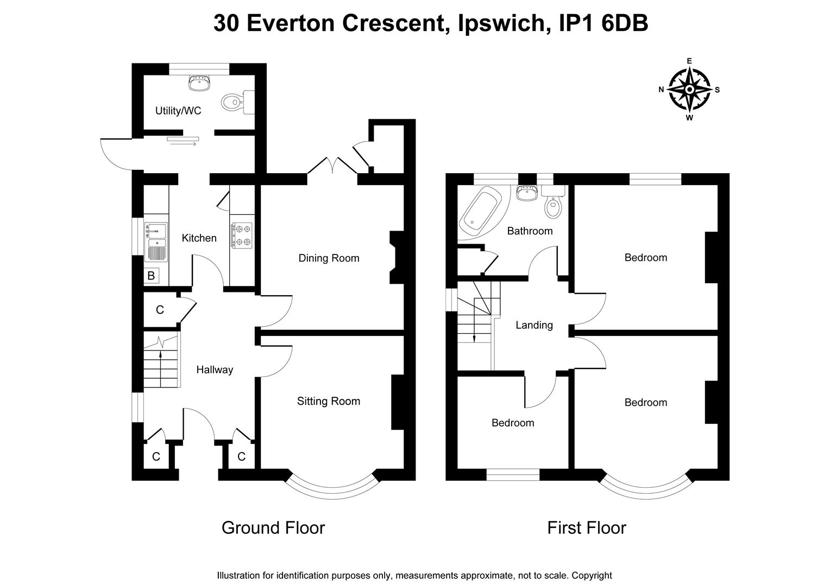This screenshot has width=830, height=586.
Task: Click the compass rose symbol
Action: (689, 90)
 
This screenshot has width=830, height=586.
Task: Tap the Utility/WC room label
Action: (178, 111)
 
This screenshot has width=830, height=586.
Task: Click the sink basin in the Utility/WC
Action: (199, 82)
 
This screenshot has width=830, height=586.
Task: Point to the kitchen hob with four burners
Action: (242, 235)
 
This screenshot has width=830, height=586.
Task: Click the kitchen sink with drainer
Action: (156, 241)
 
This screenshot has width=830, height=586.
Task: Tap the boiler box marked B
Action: (151, 276)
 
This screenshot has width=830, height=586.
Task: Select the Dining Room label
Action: (329, 258)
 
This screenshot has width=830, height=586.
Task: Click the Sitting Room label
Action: (328, 401)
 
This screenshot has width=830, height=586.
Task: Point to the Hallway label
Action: (215, 370)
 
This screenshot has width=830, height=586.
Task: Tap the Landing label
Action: (534, 325)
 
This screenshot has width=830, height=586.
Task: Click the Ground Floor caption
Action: (273, 527)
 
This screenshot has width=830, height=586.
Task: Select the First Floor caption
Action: (586, 527)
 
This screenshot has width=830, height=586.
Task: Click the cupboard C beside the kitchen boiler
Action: (160, 310)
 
